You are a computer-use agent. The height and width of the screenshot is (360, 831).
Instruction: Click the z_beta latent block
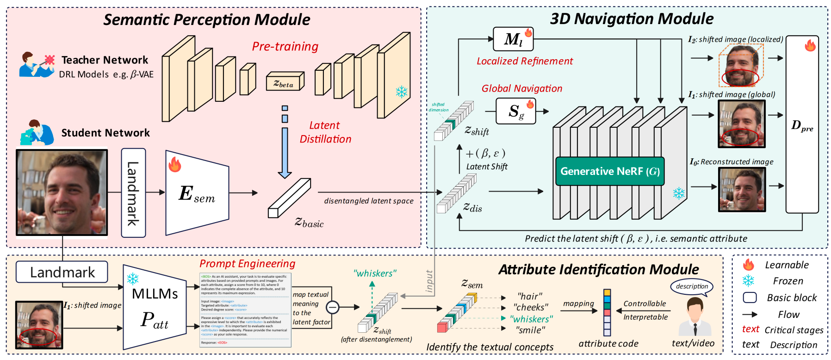(x=285, y=82)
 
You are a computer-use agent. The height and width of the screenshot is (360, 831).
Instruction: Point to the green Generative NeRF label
(x=610, y=171)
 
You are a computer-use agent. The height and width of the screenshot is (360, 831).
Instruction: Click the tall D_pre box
(x=802, y=125)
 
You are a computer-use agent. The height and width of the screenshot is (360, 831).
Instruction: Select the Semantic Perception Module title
(x=207, y=20)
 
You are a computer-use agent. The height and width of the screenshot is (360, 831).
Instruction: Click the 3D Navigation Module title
(x=632, y=19)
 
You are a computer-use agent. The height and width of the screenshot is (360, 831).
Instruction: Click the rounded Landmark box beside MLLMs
(x=62, y=272)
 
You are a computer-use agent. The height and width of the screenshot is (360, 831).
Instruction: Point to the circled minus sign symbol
(x=332, y=307)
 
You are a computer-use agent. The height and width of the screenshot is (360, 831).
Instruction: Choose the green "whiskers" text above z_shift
(x=375, y=273)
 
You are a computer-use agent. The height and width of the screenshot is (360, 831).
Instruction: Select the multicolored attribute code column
(x=607, y=312)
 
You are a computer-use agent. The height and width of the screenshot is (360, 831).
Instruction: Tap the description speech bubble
(x=692, y=286)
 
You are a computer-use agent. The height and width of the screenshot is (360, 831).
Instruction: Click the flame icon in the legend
(x=748, y=265)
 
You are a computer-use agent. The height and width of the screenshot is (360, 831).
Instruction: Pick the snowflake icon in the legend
(x=748, y=281)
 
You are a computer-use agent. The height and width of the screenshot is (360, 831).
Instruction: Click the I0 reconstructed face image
(x=742, y=190)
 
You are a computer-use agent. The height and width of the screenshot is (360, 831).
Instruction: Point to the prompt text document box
(x=245, y=310)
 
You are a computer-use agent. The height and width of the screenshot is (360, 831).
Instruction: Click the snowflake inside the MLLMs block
(x=133, y=279)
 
